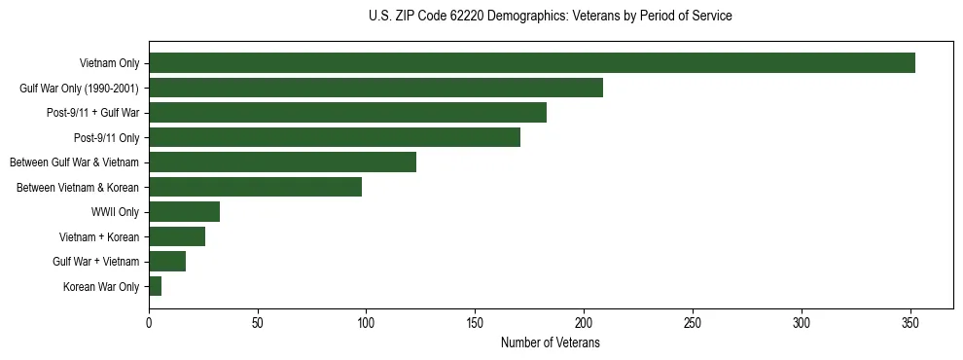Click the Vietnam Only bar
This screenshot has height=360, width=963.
[532, 63]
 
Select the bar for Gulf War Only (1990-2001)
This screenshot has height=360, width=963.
[375, 88]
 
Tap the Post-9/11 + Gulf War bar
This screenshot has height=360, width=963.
[347, 113]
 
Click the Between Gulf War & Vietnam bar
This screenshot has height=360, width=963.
[282, 162]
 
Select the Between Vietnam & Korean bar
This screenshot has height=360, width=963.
[255, 187]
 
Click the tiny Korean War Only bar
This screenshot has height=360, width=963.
[156, 286]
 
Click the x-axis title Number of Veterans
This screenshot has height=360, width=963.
[550, 343]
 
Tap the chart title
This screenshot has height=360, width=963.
[550, 17]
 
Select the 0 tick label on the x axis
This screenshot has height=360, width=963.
[149, 321]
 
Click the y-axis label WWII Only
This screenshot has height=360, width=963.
[115, 212]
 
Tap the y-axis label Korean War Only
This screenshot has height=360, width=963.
[101, 286]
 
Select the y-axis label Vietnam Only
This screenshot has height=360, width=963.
[109, 63]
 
